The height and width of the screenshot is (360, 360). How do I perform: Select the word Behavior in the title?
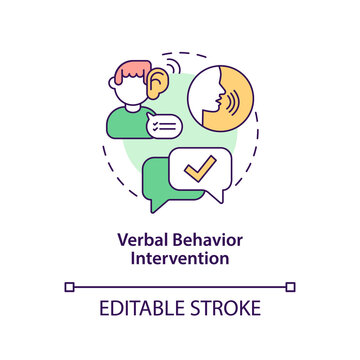pos(205,240)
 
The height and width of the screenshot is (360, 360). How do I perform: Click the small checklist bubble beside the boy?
pos(162,125)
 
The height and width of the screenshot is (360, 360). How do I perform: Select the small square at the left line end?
pos(69,286)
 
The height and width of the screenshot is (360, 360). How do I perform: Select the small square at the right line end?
pos(291,286)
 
